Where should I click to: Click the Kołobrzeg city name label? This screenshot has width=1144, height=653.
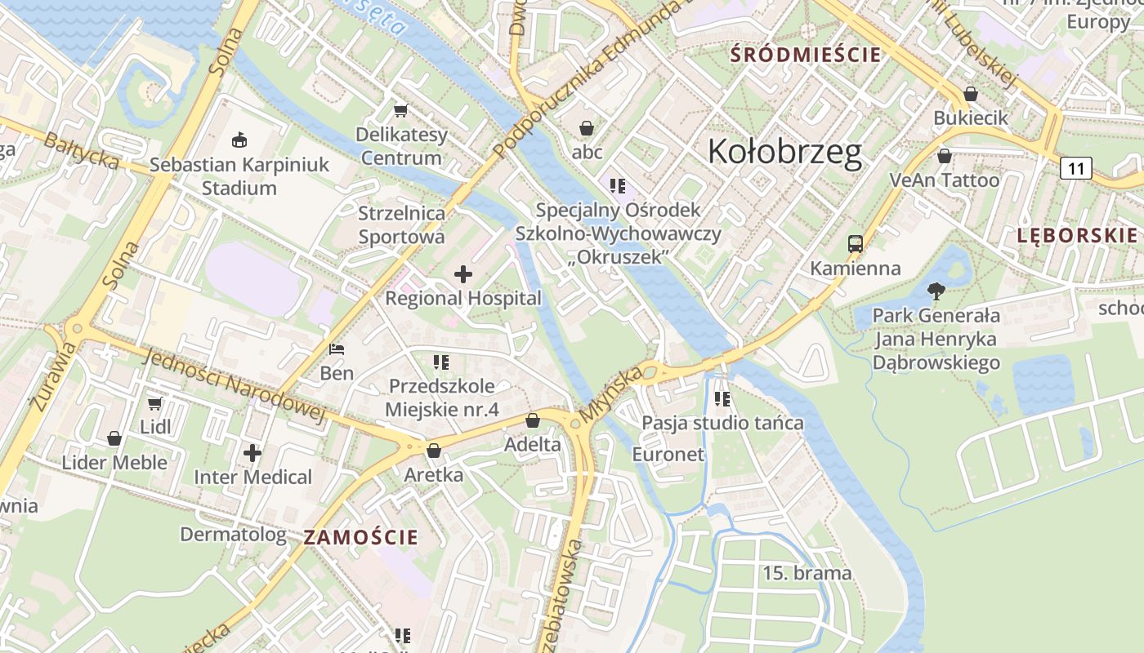tap(784, 152)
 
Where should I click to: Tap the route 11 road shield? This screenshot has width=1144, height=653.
tap(1076, 169)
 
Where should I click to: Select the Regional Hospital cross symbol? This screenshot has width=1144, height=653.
tap(463, 274)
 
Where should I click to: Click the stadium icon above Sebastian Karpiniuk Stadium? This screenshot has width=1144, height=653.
tap(239, 140)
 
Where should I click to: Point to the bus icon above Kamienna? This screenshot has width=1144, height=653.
tap(856, 243)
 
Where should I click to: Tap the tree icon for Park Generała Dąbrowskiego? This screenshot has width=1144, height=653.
tap(936, 290)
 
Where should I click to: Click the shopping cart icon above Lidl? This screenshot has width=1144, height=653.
tap(155, 403)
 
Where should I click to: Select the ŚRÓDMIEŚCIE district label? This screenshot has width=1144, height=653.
tap(806, 56)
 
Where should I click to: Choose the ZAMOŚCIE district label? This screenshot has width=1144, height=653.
tap(360, 537)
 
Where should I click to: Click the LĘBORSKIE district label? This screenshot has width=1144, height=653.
tap(1076, 236)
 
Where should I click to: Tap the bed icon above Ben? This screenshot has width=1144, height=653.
tap(337, 349)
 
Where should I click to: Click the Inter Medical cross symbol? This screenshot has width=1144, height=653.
tap(252, 452)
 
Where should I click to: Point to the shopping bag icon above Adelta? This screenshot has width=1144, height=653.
tap(533, 420)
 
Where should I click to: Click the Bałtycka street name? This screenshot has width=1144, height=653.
tap(82, 152)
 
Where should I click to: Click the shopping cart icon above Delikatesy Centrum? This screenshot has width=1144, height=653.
tap(400, 110)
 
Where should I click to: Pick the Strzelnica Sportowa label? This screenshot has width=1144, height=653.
tap(402, 224)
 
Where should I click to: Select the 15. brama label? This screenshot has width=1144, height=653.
tap(807, 573)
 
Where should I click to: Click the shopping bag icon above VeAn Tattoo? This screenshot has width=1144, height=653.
tap(945, 156)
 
